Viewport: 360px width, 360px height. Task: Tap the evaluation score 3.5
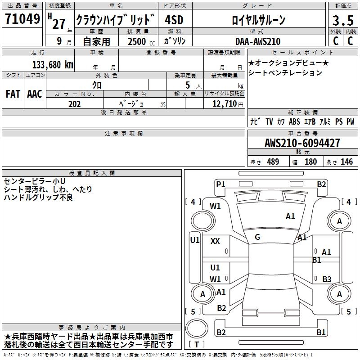(x=342, y=20)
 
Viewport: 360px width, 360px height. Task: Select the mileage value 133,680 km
(x=53, y=64)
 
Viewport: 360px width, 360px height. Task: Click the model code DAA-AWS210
(x=257, y=41)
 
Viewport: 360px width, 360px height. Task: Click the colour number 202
(x=74, y=104)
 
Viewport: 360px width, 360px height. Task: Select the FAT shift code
(x=13, y=94)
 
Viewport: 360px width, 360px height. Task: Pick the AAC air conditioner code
(x=35, y=94)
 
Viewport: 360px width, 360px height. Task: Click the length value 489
(x=273, y=162)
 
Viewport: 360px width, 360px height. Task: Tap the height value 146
(x=346, y=162)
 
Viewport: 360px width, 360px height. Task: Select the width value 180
(x=310, y=162)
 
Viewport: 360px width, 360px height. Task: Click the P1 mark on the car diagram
(x=220, y=184)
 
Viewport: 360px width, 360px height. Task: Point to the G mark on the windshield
(x=257, y=237)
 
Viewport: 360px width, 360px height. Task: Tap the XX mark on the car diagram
(x=215, y=241)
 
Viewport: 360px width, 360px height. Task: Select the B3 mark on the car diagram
(x=327, y=279)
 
